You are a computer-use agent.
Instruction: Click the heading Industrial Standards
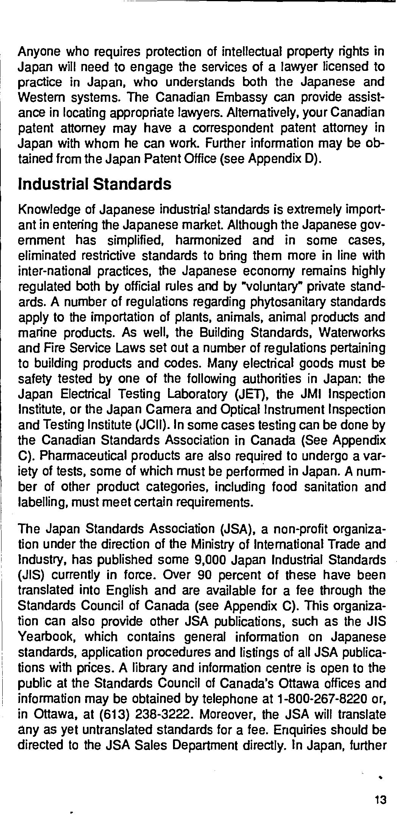tap(95, 184)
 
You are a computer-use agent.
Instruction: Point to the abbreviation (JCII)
tap(150, 425)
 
